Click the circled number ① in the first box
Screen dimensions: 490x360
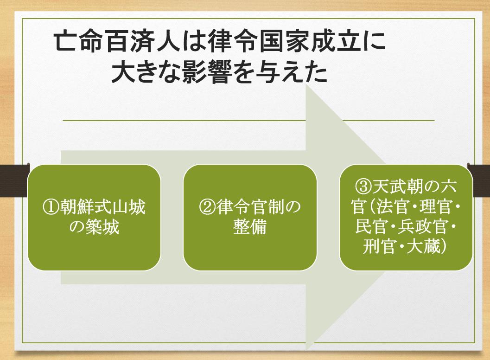(51, 207)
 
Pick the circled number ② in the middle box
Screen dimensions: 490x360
(208, 207)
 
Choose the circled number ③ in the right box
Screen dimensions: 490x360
(364, 186)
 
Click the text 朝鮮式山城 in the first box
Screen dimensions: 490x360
(102, 207)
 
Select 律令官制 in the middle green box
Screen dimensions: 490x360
(250, 207)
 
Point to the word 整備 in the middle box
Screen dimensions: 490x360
(250, 227)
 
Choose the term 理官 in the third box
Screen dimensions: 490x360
(436, 207)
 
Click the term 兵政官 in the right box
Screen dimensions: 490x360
(423, 227)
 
